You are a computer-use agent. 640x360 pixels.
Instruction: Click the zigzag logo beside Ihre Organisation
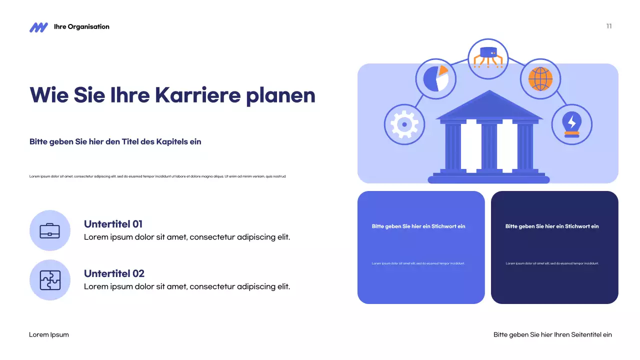pos(38,27)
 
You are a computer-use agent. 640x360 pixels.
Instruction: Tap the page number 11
pos(609,26)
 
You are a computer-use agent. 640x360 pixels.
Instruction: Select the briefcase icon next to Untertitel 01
pos(50,230)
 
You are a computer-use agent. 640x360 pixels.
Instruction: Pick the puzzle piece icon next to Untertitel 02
pos(50,280)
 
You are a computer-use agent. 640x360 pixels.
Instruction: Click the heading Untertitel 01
pos(113,224)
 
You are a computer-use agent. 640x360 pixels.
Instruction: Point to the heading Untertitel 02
pos(114,273)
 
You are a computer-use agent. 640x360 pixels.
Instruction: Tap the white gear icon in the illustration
pos(404,124)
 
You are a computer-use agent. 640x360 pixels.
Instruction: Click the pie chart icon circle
pos(435,78)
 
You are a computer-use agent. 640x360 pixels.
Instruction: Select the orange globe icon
pos(540,78)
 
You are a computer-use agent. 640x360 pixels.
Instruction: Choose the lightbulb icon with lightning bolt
pos(571,124)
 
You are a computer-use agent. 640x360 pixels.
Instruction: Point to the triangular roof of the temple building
pos(489,107)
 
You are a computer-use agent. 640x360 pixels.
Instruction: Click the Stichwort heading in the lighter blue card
pos(418,226)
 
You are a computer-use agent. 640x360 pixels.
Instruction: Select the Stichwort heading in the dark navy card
pos(552,226)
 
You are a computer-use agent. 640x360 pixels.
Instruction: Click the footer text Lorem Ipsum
pos(49,334)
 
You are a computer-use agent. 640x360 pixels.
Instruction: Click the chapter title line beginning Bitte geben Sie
pos(115,141)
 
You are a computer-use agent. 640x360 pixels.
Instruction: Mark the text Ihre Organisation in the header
pos(81,27)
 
